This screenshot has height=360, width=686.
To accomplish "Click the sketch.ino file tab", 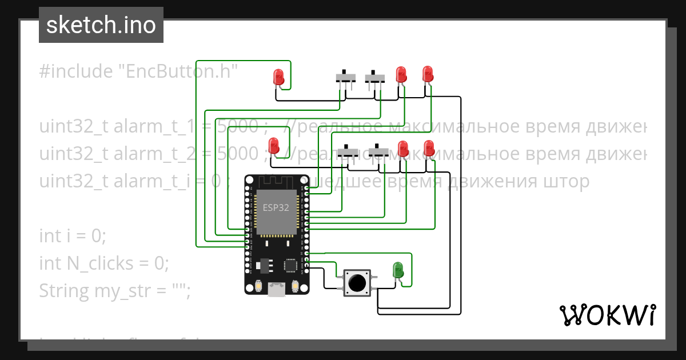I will [x=101, y=25].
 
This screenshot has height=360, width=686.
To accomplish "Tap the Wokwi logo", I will [x=607, y=315].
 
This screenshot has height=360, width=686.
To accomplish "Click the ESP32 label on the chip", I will [x=276, y=208].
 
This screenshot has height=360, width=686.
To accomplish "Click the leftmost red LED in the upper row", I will [x=279, y=77].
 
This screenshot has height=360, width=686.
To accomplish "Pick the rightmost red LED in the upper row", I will [x=428, y=74].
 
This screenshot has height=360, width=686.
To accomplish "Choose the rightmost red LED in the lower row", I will [x=429, y=148].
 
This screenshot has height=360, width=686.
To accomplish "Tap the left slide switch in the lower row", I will [x=347, y=153].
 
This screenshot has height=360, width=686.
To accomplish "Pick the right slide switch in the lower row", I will [x=378, y=153].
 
